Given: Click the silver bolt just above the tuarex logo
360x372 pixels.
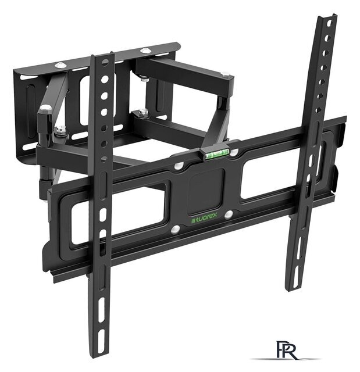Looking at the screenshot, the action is [x=229, y=215].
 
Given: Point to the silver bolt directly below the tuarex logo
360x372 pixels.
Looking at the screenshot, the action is [x=176, y=230].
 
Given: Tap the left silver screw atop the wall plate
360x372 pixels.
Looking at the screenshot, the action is [x=60, y=65].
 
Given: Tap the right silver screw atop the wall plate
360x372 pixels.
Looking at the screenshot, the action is [x=145, y=51].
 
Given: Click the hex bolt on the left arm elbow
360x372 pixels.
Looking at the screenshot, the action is [x=45, y=109].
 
